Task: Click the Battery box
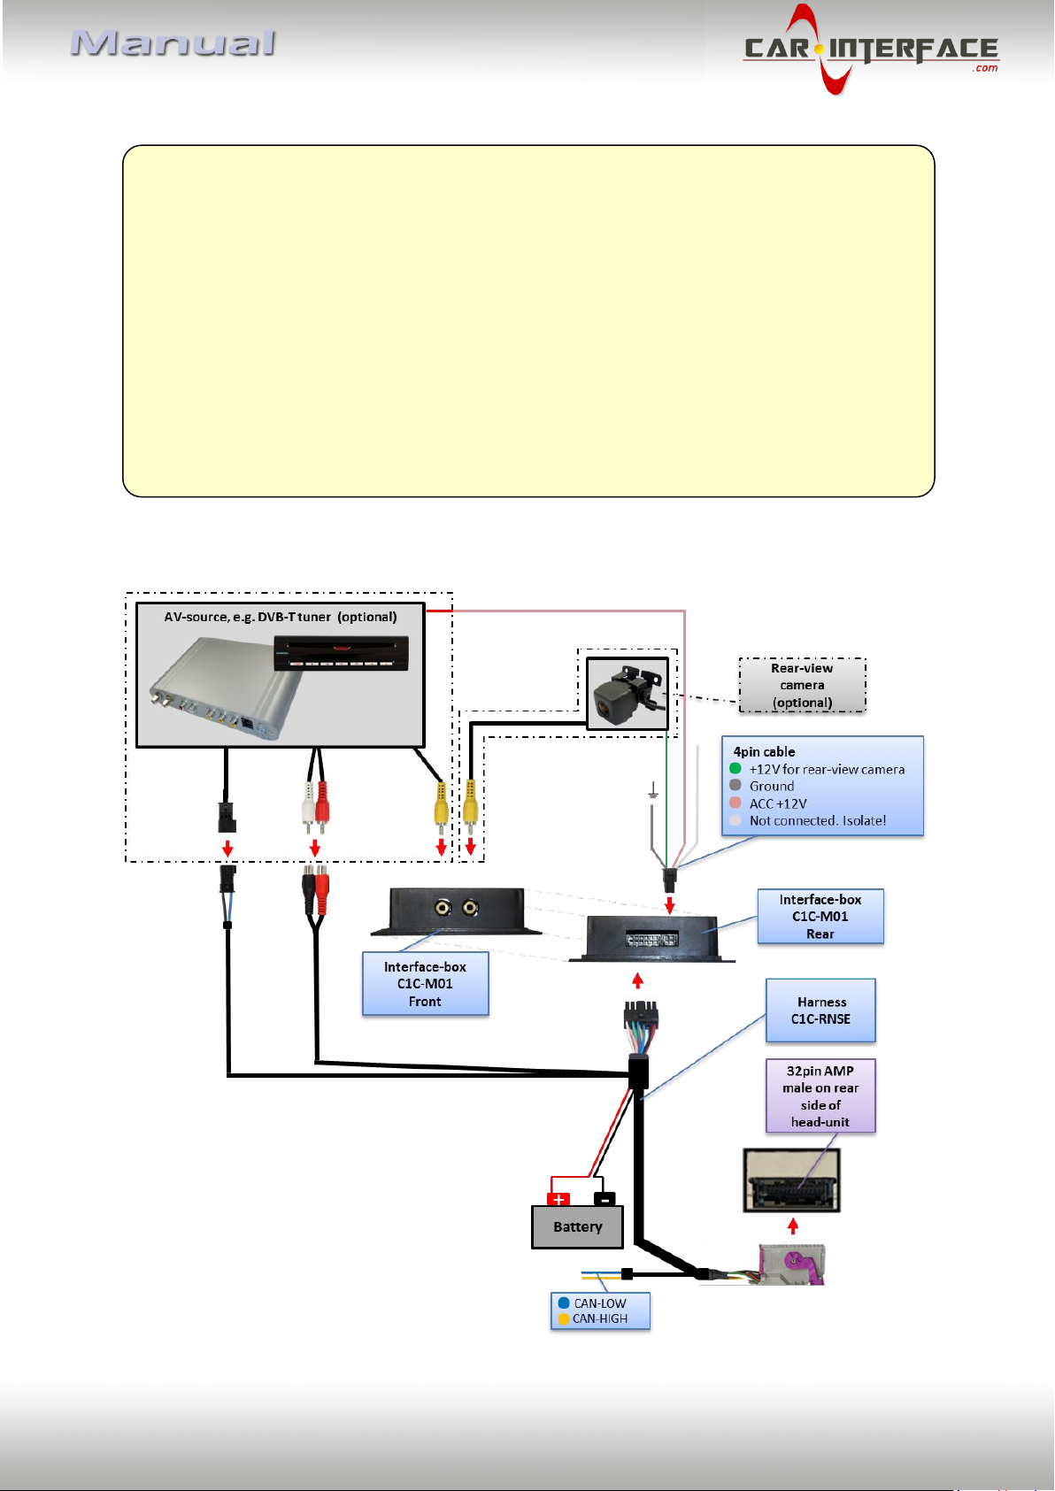577,1227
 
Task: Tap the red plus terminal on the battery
558,1200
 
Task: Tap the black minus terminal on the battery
604,1200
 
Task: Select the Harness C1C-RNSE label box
820,1011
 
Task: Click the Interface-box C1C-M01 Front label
425,984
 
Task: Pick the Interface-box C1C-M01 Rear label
820,917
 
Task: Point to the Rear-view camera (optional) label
802,686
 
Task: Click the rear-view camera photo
628,694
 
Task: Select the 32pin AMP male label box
820,1096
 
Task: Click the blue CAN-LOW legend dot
564,1303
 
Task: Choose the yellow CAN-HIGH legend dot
564,1318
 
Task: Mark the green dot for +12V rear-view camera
735,769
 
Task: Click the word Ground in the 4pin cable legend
772,787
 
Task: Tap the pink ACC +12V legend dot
735,803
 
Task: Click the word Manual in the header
173,43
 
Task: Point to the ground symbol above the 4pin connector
653,790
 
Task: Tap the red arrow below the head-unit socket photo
793,1226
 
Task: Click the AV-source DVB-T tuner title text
281,617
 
